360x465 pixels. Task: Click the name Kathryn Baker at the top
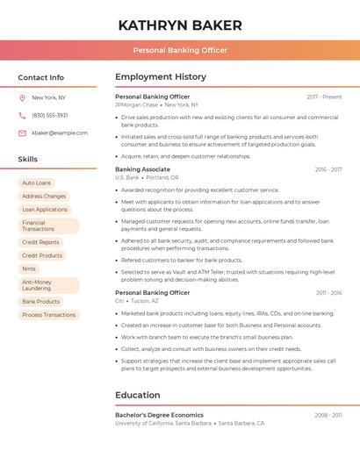point(180,25)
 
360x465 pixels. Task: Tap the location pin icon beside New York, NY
point(22,97)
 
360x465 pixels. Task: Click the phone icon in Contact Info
point(22,115)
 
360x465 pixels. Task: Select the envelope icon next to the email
point(22,132)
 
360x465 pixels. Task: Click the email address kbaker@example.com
point(59,132)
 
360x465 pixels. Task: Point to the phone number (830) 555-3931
point(50,115)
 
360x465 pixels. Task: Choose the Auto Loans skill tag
point(36,182)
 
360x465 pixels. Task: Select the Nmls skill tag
point(30,268)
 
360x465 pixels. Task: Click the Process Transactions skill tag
point(49,315)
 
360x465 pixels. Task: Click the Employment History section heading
point(161,76)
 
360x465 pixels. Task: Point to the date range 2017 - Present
point(324,97)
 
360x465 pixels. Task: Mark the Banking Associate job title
point(142,169)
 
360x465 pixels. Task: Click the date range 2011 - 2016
point(328,293)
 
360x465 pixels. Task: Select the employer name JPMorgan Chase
point(136,104)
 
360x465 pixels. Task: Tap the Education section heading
point(138,396)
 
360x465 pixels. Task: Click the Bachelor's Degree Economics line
point(159,415)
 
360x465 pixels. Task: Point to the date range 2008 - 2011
point(328,415)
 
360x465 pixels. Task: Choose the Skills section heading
point(28,159)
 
